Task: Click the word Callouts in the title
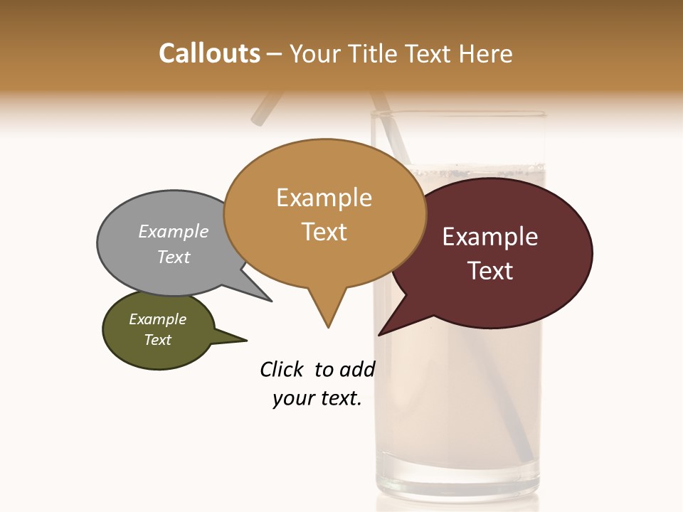(209, 54)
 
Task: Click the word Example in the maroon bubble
(490, 237)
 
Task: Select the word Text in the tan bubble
(324, 232)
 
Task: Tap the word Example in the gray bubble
(174, 232)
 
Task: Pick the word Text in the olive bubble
(158, 340)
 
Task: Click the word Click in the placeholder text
(282, 369)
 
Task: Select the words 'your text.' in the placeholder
(317, 398)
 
